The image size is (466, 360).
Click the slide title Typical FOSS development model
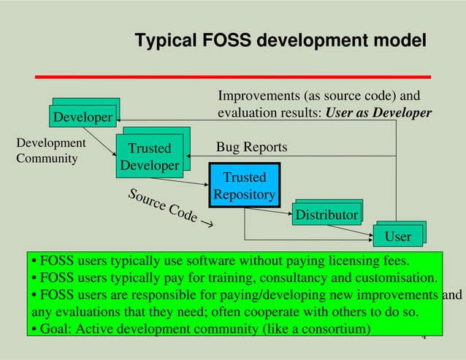click(x=280, y=42)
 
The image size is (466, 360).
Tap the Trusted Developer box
click(x=150, y=157)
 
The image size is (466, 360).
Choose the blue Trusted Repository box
click(x=245, y=185)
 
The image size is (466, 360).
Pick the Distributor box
click(x=326, y=215)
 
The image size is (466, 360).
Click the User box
click(x=398, y=237)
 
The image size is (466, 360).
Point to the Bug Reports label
click(x=251, y=148)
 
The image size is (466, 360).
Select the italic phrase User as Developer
click(x=378, y=113)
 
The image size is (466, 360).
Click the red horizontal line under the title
click(x=234, y=76)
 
